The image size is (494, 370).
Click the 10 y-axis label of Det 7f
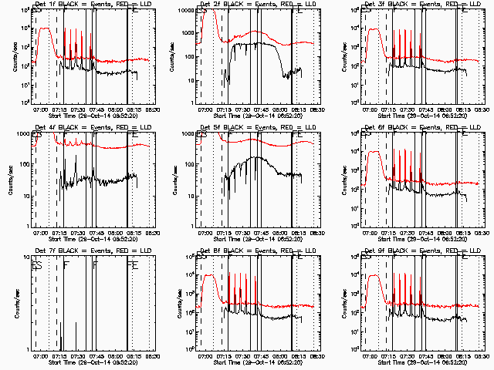click(x=24, y=257)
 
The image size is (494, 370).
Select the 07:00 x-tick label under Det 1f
click(x=40, y=107)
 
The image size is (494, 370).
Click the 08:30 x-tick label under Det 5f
click(x=313, y=230)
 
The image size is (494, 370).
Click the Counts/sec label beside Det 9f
click(x=337, y=303)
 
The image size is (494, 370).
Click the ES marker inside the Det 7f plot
click(x=36, y=265)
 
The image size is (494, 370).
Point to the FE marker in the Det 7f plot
click(x=133, y=265)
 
